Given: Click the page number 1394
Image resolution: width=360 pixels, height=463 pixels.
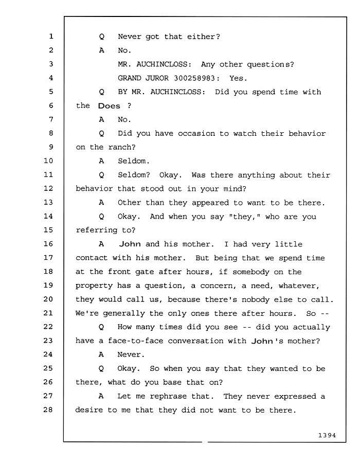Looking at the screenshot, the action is pos(327,435).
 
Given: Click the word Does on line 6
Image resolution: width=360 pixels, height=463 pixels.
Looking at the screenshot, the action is pos(109,106).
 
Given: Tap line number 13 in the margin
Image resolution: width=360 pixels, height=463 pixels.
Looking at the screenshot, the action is pos(48,202).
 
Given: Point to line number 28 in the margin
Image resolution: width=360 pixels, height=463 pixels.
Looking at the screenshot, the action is pos(48,409).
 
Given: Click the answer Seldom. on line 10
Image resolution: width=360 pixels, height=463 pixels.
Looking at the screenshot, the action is pos(134,161).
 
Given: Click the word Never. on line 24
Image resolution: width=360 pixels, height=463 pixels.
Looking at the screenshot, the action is pos(131,354).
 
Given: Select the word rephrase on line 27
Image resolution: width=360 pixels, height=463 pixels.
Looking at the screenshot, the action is pos(168,396).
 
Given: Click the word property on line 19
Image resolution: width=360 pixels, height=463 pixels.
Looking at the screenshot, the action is pos(94,286).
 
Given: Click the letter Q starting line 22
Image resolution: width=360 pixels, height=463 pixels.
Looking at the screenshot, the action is pos(101,327).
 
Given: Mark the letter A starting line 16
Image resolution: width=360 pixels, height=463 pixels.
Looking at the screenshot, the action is pos(101,244).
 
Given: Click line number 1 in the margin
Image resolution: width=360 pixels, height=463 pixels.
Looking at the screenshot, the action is pos(51,37).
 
